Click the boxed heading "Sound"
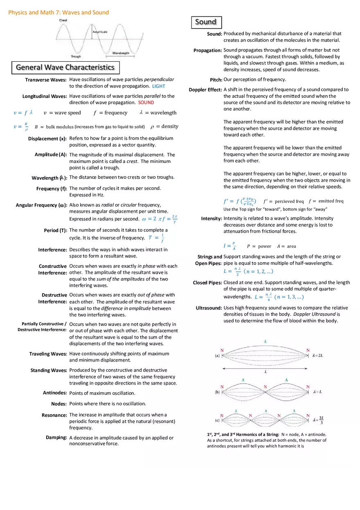[206, 22]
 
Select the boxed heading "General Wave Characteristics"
[65, 67]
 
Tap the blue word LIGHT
[159, 86]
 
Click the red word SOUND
[146, 103]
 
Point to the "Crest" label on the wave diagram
[63, 20]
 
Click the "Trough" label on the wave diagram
[76, 56]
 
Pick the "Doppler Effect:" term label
[205, 90]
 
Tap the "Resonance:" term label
[54, 415]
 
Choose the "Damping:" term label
[56, 438]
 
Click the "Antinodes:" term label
[55, 393]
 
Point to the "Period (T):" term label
[56, 230]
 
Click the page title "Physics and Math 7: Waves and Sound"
[59, 12]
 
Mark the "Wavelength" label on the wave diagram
[121, 53]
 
